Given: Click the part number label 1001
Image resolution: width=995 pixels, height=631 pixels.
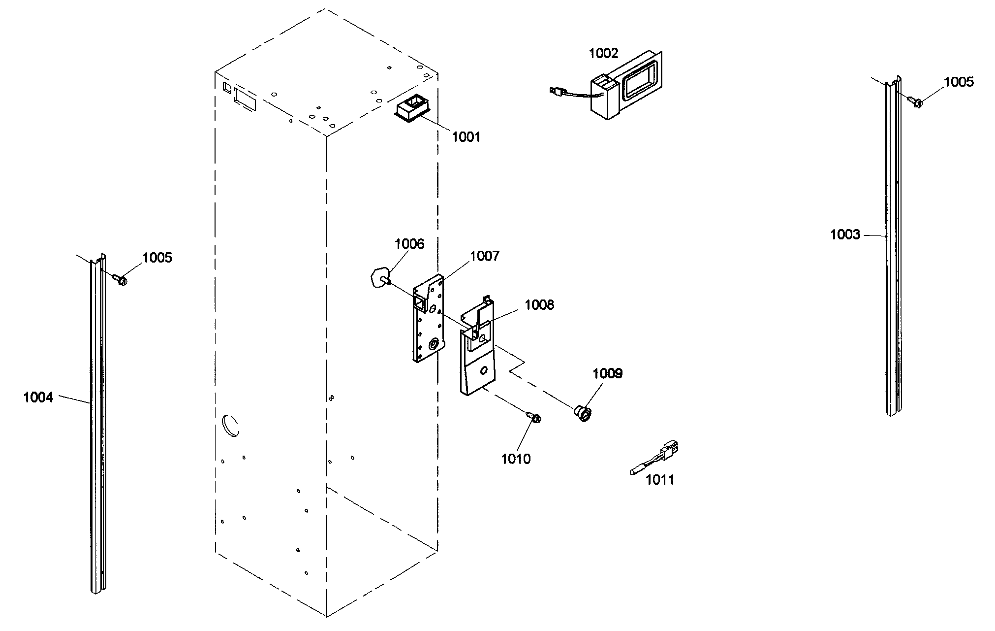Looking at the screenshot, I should point(466,137).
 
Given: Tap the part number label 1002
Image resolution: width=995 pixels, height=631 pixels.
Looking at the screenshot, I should point(603,53).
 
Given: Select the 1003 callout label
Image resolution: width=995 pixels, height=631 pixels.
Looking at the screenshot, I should point(845,234).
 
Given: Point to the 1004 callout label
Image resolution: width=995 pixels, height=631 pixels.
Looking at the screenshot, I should point(38,397).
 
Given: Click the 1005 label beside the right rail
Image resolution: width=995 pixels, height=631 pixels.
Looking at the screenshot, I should point(959,82).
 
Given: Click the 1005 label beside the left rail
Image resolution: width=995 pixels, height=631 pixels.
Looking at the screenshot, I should point(157,258).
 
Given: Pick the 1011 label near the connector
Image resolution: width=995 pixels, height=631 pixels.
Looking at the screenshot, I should point(659,479).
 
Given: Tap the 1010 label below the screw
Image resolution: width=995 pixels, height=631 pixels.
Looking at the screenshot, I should point(516,459).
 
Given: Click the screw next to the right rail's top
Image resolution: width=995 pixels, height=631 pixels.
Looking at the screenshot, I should point(917,102).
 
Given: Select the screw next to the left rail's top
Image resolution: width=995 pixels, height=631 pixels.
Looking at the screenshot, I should point(121,280).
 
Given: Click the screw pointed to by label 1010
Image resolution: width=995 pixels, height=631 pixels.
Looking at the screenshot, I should point(534,417).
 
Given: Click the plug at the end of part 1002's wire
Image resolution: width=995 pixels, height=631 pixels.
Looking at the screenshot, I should point(556,91).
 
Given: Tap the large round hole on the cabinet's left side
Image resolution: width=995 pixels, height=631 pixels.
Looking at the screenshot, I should point(230,425).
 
